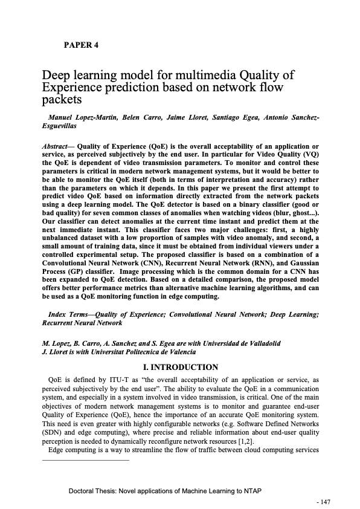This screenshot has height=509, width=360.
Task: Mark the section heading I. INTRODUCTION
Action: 179,367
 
